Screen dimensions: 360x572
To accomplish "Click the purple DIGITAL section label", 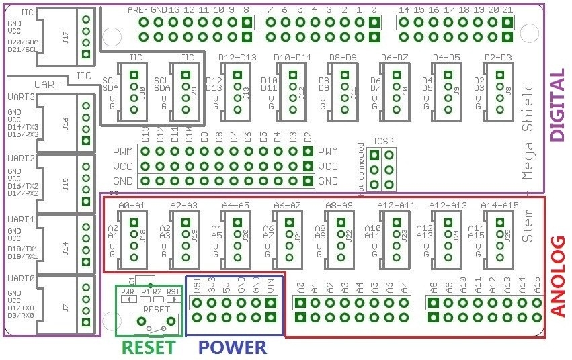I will coord(558,105).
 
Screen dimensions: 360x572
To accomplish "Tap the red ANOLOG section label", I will coord(558,276).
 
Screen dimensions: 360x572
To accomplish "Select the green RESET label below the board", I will coord(148,347).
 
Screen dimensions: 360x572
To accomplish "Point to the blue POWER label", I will coord(233,347).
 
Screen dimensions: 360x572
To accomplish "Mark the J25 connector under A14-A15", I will coord(498,235).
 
